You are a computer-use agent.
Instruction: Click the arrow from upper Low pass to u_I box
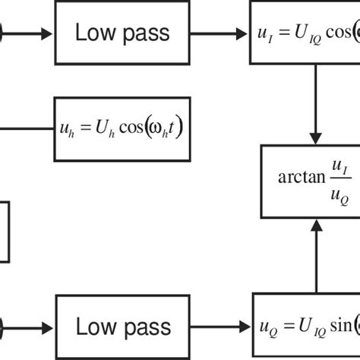[x=220, y=33]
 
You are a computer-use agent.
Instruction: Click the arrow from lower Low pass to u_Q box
[x=220, y=327]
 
